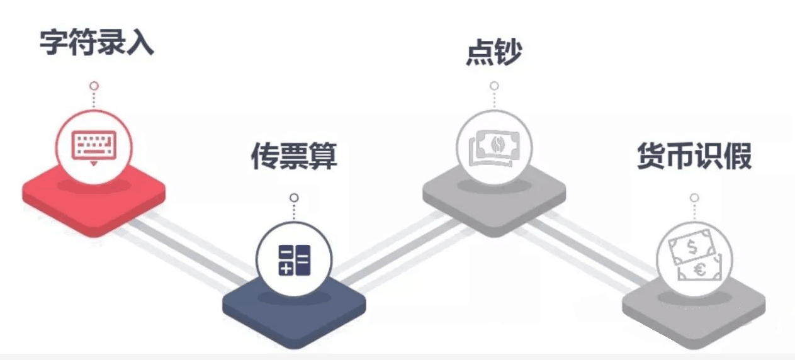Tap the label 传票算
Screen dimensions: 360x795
pos(294,155)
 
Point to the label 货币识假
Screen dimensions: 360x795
pos(694,155)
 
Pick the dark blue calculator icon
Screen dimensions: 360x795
pos(294,259)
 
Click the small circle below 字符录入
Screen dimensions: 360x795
pos(94,86)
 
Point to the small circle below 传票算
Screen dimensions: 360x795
pos(294,198)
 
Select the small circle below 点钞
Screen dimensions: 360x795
pos(494,86)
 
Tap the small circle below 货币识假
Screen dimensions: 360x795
pos(694,198)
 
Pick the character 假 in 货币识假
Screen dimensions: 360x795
pos(738,155)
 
